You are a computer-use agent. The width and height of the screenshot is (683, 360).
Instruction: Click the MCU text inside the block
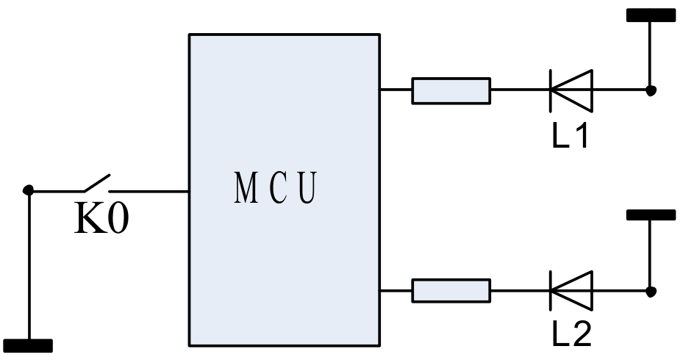point(276,189)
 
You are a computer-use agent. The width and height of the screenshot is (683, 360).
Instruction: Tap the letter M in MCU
point(245,189)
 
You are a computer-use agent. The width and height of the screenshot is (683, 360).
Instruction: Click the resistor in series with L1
point(451,90)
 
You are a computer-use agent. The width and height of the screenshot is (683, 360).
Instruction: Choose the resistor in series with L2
point(451,290)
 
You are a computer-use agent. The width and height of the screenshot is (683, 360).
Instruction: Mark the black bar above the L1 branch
point(650,15)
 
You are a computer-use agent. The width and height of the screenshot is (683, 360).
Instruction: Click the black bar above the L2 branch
point(650,215)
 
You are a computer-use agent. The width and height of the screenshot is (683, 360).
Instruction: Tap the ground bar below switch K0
point(29,345)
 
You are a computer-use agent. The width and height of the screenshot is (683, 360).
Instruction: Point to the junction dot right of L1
point(651,90)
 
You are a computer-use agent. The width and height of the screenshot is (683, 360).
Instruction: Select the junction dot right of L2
point(651,291)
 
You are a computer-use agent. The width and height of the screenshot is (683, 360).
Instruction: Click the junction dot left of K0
point(29,190)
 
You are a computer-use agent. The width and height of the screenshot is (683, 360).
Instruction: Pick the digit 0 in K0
point(117,220)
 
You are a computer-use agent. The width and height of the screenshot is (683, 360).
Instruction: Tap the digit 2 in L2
point(581,335)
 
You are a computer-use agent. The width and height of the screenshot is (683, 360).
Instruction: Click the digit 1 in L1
point(581,135)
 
